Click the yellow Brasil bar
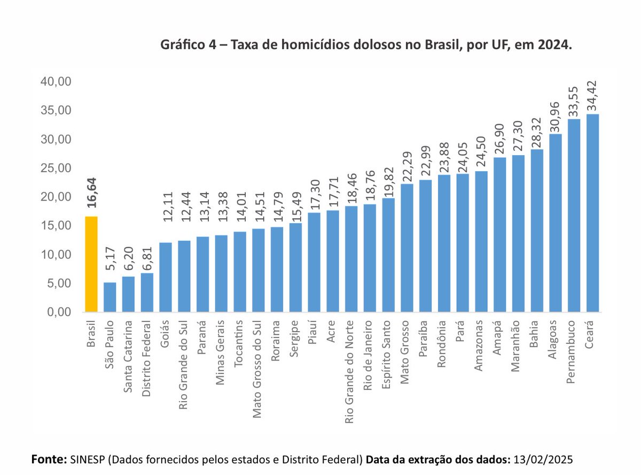pos(91,264)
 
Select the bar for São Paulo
pos(110,297)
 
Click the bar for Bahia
pos(537,231)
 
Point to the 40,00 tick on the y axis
pos(56,82)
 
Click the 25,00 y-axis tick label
pos(56,168)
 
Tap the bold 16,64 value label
pos(91,197)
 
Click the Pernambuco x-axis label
pos(574,350)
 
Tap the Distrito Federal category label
pos(147,358)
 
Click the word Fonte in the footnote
pos(49,459)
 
